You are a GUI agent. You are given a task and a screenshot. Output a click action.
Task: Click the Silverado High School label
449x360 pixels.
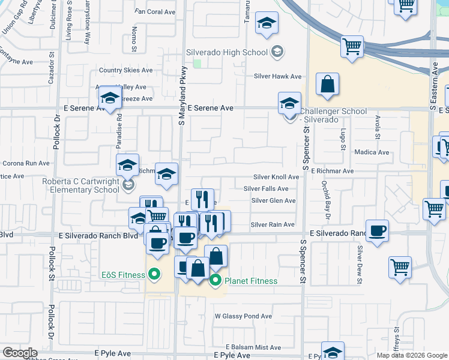pos(226,52)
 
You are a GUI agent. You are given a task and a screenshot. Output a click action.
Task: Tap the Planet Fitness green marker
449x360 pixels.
pos(215,280)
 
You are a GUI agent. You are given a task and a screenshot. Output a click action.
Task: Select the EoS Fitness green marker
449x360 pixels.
pos(154,275)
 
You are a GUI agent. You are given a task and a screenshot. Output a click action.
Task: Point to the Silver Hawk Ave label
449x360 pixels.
pos(277,76)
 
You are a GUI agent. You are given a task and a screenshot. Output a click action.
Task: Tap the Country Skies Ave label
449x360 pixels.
pos(126,70)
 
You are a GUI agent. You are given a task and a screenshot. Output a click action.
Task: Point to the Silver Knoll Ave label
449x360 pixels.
pos(276,177)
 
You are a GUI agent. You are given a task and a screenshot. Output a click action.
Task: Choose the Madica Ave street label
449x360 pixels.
pos(372,152)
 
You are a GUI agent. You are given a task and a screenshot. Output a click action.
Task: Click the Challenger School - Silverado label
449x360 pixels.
pos(333,115)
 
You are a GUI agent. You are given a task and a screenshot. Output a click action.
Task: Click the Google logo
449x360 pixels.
pos(20,353)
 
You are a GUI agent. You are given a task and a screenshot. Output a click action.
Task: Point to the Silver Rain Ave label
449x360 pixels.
pos(273,224)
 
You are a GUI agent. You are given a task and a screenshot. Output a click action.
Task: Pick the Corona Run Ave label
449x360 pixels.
pos(26,163)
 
